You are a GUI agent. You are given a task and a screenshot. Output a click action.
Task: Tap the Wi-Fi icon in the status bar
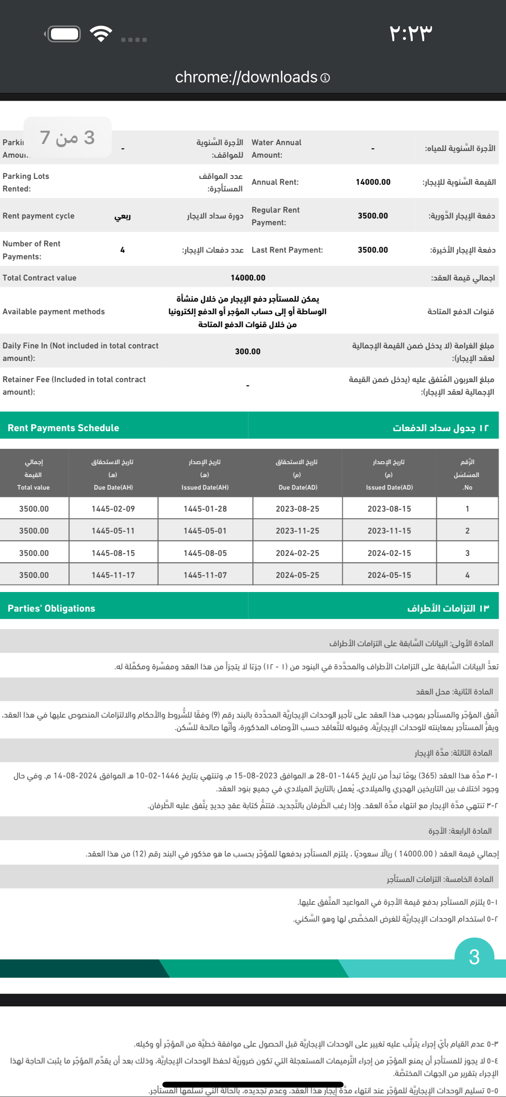pos(101,34)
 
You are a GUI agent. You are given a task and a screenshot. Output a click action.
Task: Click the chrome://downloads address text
pos(246,77)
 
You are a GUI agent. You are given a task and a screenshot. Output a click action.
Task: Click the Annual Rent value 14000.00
pos(373,182)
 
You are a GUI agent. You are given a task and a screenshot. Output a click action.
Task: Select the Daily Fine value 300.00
pos(248,351)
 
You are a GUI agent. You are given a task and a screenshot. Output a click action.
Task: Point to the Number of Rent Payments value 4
pos(122,250)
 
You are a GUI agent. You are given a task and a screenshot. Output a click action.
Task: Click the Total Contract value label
pos(40,278)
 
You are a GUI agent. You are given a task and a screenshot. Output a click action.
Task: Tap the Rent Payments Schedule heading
pos(64,428)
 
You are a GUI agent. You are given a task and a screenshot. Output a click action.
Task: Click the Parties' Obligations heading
pos(51,608)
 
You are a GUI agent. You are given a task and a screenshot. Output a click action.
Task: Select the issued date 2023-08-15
pos(389,508)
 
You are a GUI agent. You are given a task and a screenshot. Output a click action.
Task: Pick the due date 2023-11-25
pos(297,530)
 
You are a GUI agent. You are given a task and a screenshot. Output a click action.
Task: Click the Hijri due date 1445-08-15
pos(113,553)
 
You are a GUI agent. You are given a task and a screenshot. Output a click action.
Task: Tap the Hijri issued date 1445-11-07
pos(205,575)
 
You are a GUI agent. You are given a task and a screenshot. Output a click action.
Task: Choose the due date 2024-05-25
pos(297,575)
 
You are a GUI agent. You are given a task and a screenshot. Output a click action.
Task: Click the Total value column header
pos(33,487)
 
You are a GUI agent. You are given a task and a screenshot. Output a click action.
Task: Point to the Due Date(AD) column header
pos(298,487)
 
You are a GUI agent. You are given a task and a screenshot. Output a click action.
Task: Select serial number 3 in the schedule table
pos(467,553)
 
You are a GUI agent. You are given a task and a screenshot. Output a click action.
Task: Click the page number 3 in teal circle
pos(474,957)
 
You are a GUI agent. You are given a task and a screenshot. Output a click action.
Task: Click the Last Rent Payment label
pos(287,250)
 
